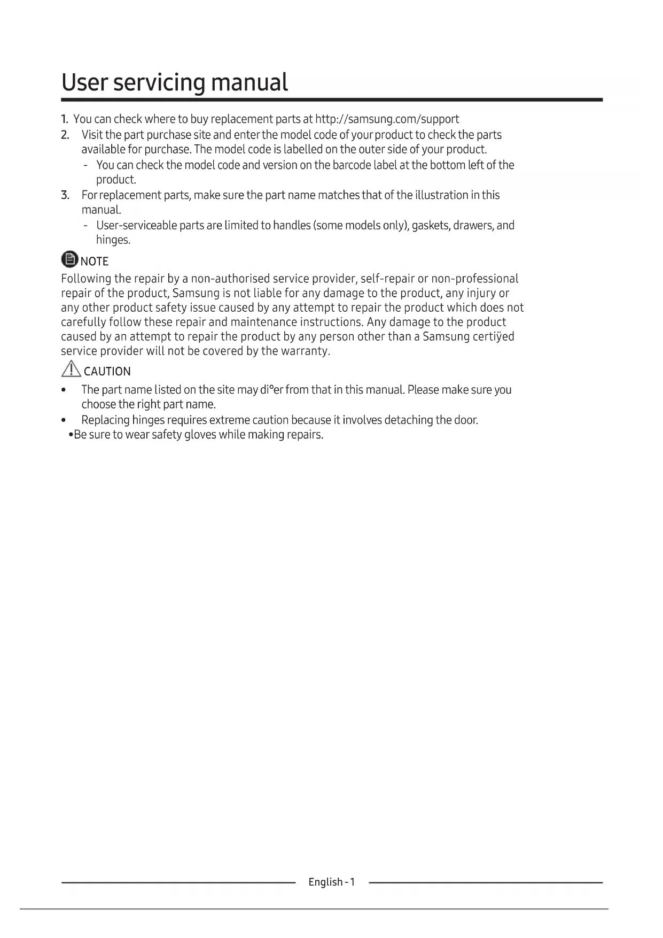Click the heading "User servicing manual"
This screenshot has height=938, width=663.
click(175, 82)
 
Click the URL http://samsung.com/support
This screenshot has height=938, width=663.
click(387, 119)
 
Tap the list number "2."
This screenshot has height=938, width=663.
click(65, 135)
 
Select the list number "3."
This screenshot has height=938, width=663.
click(65, 195)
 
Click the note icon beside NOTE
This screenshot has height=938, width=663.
click(69, 259)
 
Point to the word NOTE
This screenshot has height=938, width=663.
click(95, 261)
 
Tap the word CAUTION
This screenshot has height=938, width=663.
click(107, 371)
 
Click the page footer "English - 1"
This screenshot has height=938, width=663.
click(331, 882)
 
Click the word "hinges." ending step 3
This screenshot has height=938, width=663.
click(113, 240)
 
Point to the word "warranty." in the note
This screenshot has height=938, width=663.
click(306, 351)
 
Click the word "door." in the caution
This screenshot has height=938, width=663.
click(466, 420)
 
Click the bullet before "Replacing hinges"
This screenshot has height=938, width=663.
click(64, 420)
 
